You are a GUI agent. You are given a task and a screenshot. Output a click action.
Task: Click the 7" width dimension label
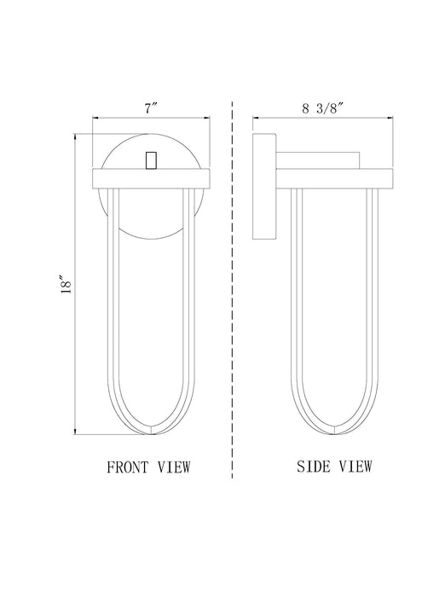click(151, 108)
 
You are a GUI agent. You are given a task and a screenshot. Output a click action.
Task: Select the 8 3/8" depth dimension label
click(323, 108)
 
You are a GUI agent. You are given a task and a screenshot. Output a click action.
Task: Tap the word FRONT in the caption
click(128, 467)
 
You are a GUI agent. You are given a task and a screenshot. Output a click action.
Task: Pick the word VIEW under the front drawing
click(174, 467)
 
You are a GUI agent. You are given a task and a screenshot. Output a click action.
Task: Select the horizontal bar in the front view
click(152, 178)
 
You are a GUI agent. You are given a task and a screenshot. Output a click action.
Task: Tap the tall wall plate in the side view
click(264, 186)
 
